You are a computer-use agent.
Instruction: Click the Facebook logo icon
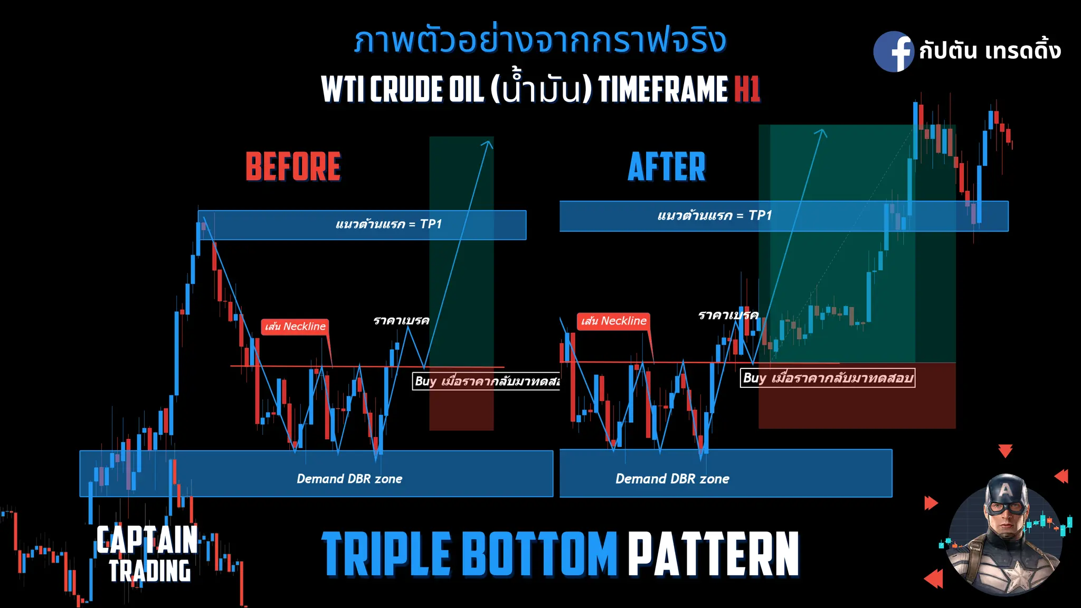tap(893, 51)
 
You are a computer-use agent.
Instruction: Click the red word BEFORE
tap(293, 167)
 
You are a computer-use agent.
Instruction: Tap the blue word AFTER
tap(666, 167)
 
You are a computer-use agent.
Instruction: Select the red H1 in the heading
tap(747, 89)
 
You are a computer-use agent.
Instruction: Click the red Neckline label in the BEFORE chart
tap(295, 327)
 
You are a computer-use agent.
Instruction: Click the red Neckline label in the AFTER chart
tap(613, 321)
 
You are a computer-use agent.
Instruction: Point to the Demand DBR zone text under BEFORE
tap(349, 479)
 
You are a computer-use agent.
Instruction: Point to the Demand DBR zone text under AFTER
tap(672, 479)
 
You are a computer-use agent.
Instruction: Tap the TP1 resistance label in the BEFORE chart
tap(388, 224)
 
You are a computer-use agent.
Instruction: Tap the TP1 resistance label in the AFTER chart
tap(714, 215)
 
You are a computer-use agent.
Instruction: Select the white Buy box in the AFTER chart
tap(827, 378)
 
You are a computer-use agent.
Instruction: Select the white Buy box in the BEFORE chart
tap(486, 381)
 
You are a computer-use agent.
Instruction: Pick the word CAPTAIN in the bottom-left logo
tap(147, 539)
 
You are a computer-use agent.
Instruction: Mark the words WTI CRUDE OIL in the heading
tap(402, 89)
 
